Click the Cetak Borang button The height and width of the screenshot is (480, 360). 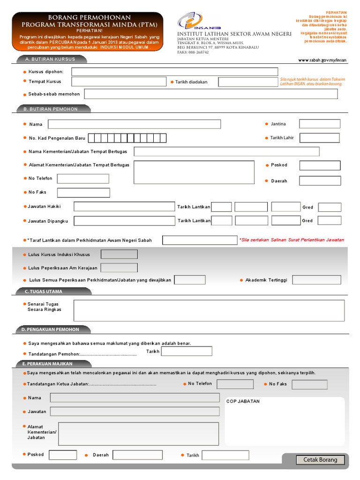pos(320,460)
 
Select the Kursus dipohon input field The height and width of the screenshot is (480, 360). pos(174,72)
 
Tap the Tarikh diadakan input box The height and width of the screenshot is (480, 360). pos(248,82)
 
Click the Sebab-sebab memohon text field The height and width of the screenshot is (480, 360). pos(210,94)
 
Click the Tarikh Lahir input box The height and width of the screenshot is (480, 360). pos(320,138)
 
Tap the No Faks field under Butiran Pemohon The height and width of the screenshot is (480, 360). pos(83,193)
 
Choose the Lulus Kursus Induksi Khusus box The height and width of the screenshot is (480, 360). pos(119,255)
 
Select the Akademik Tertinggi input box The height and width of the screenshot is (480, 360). pos(316,280)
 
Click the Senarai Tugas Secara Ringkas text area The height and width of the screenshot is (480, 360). pos(209,310)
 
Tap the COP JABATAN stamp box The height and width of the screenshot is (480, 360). pos(285,422)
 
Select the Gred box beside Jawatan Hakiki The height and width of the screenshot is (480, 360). pos(330,207)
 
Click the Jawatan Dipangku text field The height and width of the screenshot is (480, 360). pos(124,221)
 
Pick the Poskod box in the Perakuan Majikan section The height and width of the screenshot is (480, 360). pos(63,455)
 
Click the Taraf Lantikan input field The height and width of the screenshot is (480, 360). pos(200,240)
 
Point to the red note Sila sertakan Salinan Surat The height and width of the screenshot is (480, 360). pos(291,240)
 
